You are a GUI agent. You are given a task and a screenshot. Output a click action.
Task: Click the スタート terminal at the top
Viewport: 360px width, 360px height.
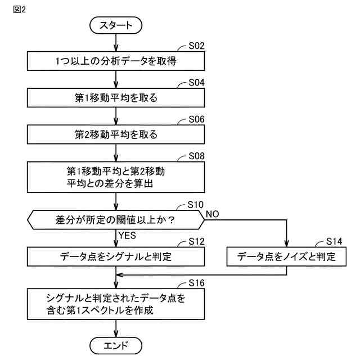coord(116,25)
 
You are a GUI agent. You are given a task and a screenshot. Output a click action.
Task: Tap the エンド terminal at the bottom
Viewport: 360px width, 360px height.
coord(116,344)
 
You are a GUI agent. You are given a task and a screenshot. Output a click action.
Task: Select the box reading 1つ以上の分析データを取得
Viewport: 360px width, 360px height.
coord(116,61)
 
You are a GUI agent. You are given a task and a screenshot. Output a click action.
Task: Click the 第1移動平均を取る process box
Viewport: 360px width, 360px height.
coord(116,98)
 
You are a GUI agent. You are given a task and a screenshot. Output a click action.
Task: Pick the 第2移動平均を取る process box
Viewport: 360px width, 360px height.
coord(116,135)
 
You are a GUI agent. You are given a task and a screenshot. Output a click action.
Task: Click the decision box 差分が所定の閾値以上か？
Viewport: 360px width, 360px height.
coord(116,219)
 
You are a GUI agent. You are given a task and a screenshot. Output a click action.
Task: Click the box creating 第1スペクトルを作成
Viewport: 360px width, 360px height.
coord(116,303)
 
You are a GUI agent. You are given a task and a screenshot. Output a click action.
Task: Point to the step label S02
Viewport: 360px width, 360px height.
coord(196,47)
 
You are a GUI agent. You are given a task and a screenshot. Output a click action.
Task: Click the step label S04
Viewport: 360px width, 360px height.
coord(196,83)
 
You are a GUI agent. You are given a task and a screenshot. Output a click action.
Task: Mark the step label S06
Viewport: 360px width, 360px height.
coord(196,120)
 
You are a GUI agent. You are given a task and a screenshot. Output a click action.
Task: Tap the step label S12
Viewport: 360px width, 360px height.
coord(196,242)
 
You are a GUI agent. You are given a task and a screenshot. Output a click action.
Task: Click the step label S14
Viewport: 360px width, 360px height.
coord(335,242)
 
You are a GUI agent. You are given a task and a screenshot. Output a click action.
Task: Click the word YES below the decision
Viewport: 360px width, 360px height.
coord(128,235)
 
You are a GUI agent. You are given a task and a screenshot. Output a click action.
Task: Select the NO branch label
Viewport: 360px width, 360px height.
coord(213,213)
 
